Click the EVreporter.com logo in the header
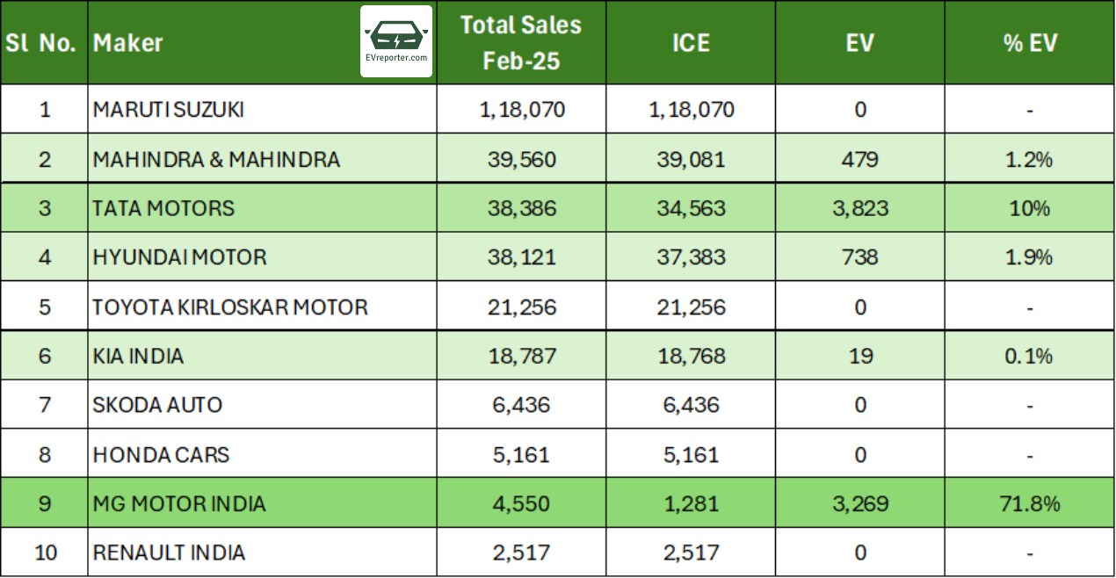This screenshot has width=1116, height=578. (396, 41)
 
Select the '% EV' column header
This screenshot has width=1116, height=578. (1029, 42)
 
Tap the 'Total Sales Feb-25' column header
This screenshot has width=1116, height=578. (521, 42)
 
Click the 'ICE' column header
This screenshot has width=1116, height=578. (690, 42)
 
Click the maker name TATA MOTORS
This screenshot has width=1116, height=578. (163, 208)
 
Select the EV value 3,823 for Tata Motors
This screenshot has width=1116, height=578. (859, 208)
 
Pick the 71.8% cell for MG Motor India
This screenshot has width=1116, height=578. (1029, 503)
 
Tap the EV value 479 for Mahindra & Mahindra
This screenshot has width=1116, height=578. (859, 159)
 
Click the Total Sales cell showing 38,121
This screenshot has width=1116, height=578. (521, 257)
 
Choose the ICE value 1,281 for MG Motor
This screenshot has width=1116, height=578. (690, 503)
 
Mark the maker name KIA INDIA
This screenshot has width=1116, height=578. (138, 356)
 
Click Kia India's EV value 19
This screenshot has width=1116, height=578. (859, 356)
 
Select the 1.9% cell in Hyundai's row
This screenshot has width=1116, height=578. (1029, 257)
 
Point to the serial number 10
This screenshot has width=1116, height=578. (44, 553)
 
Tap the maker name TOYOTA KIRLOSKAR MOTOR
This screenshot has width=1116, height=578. (230, 307)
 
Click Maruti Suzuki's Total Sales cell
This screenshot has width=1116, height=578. (521, 110)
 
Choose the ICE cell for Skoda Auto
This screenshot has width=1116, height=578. (690, 405)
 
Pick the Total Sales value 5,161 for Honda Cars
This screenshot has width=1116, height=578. (521, 454)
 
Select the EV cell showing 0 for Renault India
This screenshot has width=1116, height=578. (859, 553)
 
